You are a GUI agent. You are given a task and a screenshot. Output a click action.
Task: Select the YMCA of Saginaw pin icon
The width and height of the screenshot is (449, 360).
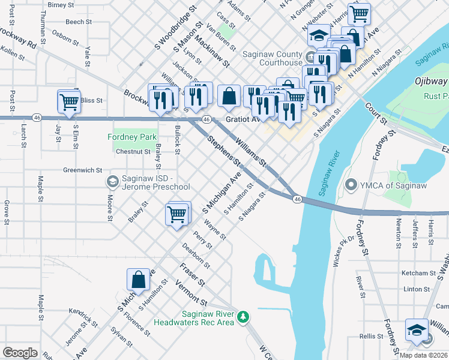(351, 185)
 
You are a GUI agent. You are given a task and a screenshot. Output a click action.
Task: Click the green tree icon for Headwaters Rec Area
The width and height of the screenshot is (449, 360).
(243, 316)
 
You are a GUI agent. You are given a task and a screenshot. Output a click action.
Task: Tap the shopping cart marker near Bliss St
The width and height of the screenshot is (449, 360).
(69, 102)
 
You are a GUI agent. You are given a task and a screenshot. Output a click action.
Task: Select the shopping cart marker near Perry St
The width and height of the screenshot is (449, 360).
(176, 214)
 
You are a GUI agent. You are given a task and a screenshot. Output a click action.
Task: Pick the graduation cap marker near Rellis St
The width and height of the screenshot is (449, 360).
(416, 330)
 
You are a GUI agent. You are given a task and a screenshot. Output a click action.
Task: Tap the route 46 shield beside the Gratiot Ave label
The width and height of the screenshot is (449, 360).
(206, 119)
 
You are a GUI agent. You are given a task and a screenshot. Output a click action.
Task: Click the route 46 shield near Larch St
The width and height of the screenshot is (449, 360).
(37, 117)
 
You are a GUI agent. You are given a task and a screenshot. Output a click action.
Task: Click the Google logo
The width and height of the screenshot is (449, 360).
(20, 353)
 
